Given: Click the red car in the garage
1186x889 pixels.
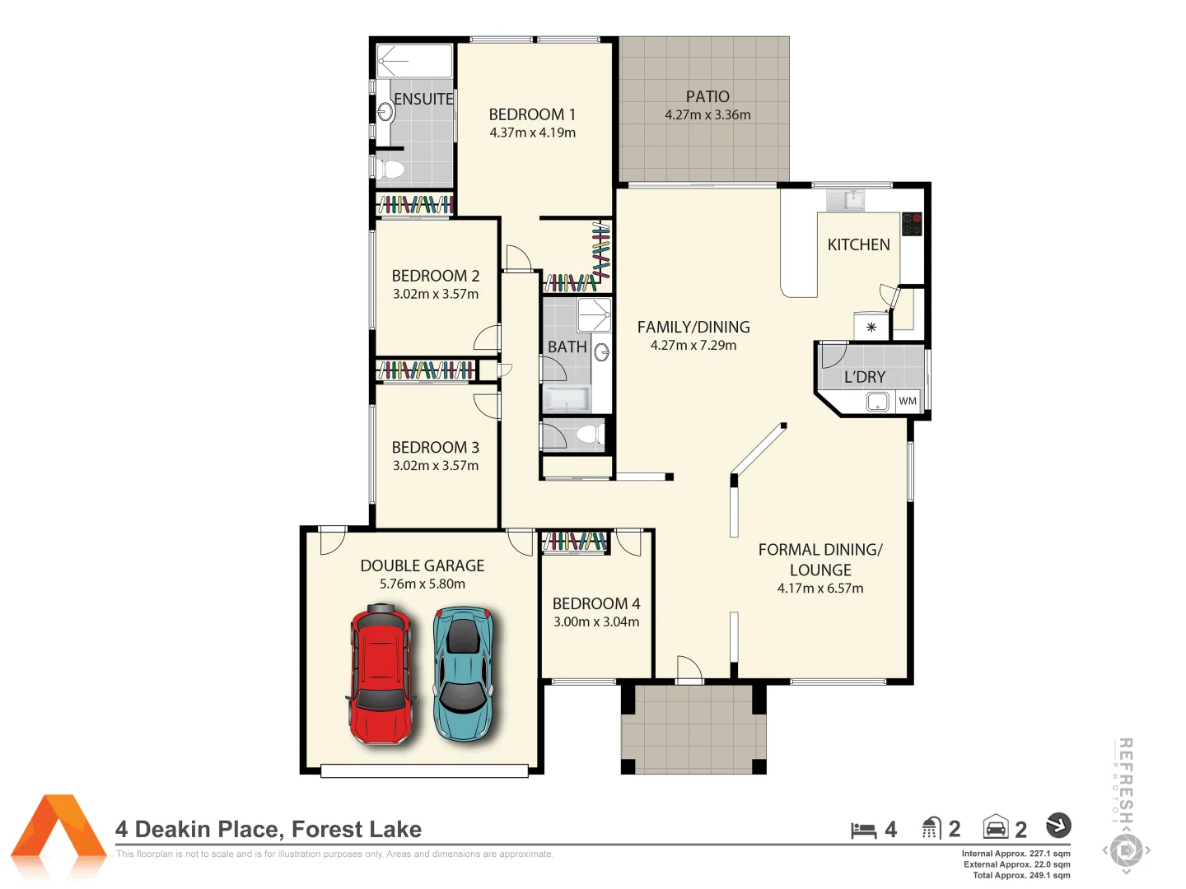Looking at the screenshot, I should pyautogui.click(x=381, y=673).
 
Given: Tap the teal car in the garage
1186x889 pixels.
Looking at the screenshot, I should pyautogui.click(x=464, y=673).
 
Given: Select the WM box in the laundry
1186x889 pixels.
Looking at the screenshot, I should pyautogui.click(x=908, y=402).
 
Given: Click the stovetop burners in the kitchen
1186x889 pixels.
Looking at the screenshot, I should pyautogui.click(x=912, y=224).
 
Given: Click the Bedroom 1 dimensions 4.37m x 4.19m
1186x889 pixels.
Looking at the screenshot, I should pyautogui.click(x=532, y=133).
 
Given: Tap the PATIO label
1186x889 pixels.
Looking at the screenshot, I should pyautogui.click(x=707, y=96).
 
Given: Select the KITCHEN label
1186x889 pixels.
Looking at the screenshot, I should pyautogui.click(x=858, y=244).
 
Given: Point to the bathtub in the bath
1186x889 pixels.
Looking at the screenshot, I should pyautogui.click(x=567, y=399).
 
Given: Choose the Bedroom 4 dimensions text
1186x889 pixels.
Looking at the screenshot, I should pyautogui.click(x=596, y=622).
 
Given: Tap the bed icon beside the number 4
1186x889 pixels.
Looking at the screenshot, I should pyautogui.click(x=863, y=830).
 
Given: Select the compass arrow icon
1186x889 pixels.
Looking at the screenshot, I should pyautogui.click(x=1058, y=825).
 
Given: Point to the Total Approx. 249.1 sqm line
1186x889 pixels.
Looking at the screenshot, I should pyautogui.click(x=1021, y=875).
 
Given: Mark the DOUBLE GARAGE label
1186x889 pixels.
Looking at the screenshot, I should pyautogui.click(x=423, y=566).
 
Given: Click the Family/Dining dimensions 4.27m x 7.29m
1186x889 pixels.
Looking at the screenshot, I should pyautogui.click(x=693, y=346).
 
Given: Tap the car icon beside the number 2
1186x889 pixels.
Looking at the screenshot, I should pyautogui.click(x=996, y=827).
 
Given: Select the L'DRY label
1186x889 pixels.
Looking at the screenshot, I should pyautogui.click(x=865, y=377).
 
